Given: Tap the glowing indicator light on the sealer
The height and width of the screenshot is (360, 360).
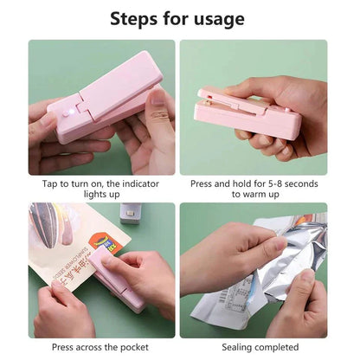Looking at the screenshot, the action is pyautogui.click(x=72, y=111).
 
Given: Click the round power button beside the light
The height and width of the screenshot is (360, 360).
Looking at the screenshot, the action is pyautogui.click(x=66, y=114).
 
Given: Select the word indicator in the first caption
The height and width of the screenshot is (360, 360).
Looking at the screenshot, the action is pyautogui.click(x=140, y=183).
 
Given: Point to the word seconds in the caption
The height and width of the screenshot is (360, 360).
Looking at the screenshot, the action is pyautogui.click(x=301, y=183).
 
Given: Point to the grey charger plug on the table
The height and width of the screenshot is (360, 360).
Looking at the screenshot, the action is pyautogui.click(x=131, y=213).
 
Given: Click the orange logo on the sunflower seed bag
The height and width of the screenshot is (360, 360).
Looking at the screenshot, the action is pyautogui.click(x=105, y=244).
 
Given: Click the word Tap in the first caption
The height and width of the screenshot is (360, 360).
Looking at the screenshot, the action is pyautogui.click(x=50, y=184).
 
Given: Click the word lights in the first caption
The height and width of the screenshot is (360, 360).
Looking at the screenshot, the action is pyautogui.click(x=93, y=194).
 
